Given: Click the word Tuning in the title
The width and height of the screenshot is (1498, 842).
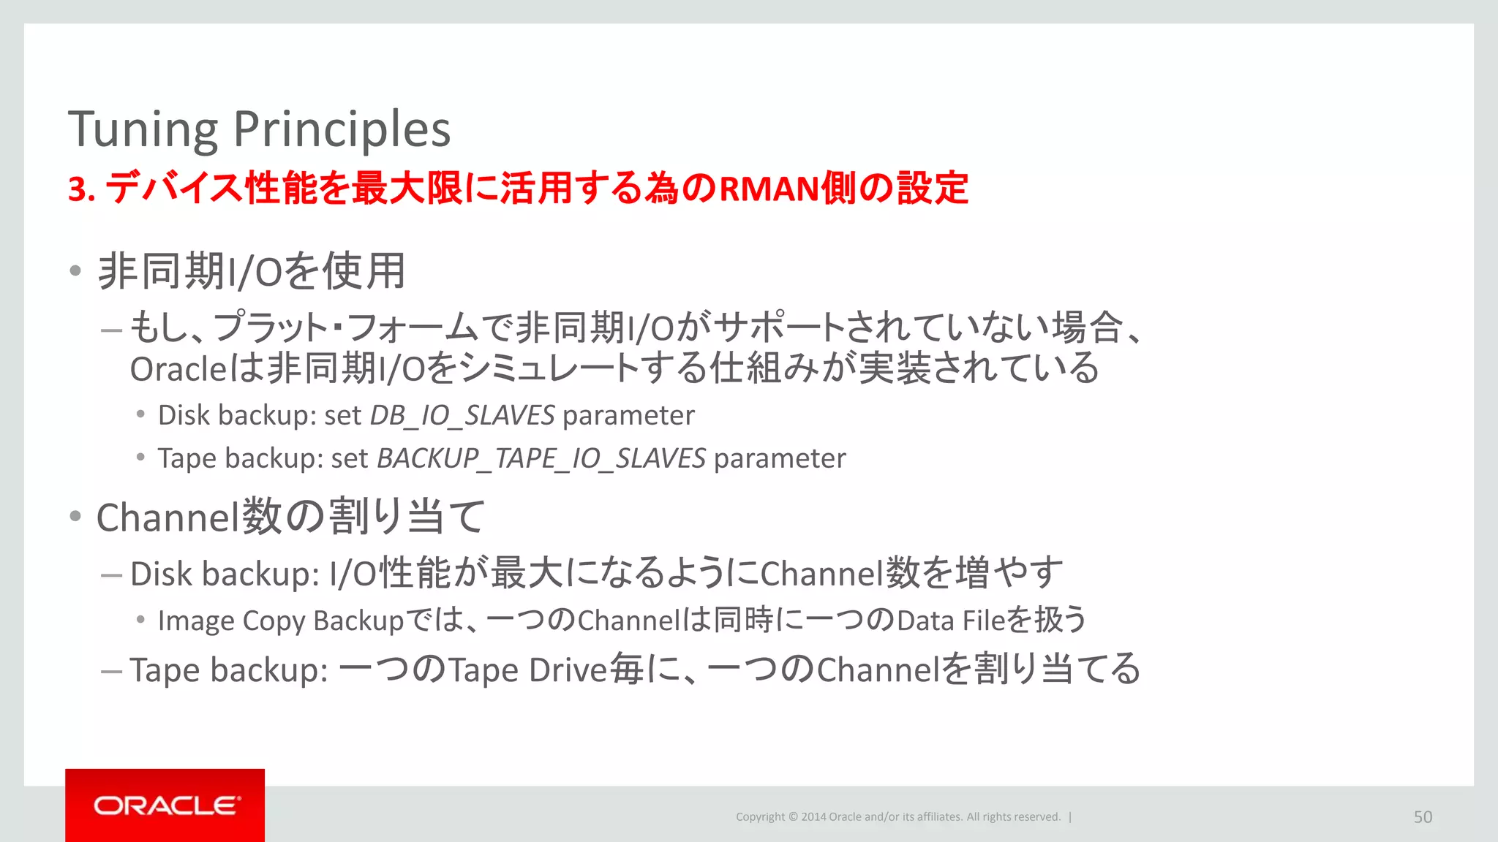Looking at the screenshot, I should (143, 130).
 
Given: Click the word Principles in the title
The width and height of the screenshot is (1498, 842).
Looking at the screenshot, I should (342, 130).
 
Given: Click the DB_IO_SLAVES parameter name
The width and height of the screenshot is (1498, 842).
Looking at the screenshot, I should (462, 416).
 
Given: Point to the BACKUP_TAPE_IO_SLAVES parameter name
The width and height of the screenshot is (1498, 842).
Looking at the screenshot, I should (541, 459).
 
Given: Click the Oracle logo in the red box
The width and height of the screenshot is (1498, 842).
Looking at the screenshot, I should (165, 805).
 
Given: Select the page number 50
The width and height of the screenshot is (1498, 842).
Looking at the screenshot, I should (1423, 817).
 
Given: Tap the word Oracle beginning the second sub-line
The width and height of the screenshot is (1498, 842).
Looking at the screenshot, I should (179, 369).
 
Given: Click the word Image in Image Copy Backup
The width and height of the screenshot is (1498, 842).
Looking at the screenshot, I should (196, 621).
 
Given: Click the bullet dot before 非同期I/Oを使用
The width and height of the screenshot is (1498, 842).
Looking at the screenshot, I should (75, 271).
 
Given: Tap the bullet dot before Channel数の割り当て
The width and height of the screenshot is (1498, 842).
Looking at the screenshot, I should (75, 517).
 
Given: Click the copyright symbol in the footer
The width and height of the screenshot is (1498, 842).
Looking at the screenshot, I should (793, 817).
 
